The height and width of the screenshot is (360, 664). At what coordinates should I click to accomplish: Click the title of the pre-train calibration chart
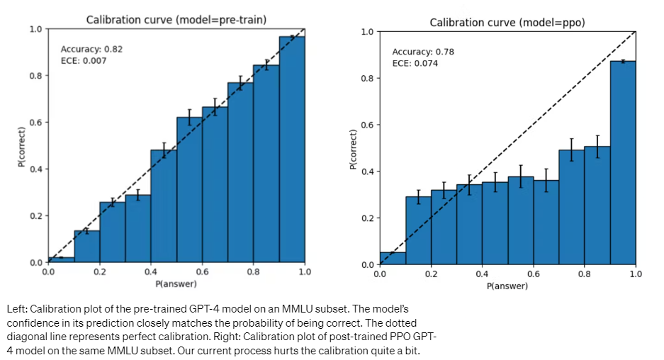point(176,20)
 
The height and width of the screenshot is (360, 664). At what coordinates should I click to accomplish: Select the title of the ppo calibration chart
point(507,23)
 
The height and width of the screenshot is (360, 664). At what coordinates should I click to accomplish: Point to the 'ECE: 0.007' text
point(84,61)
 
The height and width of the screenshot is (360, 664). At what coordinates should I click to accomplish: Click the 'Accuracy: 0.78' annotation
point(423,52)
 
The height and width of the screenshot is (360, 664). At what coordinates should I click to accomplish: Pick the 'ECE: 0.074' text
point(415,64)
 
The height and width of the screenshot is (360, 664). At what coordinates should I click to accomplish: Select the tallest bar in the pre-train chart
point(292,149)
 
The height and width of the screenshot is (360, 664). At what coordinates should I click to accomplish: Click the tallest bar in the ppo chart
point(622,163)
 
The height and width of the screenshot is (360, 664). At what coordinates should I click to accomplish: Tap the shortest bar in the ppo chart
point(392,259)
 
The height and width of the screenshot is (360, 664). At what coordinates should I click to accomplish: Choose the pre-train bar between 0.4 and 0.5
point(164,206)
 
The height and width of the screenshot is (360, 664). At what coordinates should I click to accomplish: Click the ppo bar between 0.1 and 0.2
point(418,230)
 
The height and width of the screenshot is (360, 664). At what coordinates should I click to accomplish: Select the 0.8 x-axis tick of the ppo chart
point(584,274)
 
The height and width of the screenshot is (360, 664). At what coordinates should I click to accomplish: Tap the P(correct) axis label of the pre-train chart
point(22,147)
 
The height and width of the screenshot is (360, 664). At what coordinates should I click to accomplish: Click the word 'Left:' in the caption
point(19,310)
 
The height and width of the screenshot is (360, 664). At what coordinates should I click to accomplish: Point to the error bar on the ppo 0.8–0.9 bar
point(597,146)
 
